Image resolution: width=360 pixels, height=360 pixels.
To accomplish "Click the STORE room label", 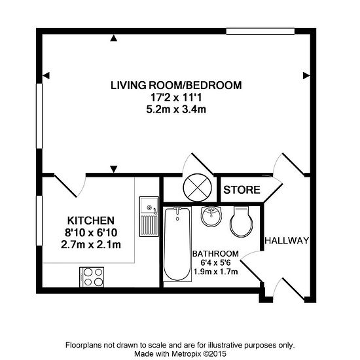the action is point(242,190).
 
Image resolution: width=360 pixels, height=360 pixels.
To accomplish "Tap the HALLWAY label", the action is point(287,241).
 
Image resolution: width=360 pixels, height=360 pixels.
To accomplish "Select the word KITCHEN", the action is point(91,221).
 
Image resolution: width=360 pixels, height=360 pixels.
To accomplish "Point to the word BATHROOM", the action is point(215,254).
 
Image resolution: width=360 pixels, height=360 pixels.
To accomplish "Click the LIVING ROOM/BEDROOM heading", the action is point(176,85).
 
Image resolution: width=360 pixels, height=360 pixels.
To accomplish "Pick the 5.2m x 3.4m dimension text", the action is point(176,109).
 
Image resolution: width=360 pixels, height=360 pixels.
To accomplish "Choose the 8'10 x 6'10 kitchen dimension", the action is point(91,232).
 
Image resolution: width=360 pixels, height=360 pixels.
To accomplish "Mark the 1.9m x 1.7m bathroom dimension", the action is point(215,272).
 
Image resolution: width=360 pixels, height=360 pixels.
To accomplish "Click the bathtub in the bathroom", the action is point(177,244).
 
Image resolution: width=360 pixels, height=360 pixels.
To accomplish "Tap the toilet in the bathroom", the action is point(241,221).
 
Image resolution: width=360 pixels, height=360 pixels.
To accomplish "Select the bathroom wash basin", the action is point(211,216).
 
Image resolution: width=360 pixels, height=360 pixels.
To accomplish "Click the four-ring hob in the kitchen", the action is point(92,277).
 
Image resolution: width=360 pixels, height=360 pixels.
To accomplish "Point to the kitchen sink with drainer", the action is point(149,217).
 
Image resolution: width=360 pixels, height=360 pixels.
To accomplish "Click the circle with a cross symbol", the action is point(197,188).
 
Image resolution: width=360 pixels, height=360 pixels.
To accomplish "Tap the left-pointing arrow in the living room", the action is point(46,75).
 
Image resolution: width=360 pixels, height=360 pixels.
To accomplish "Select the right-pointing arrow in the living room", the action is point(306,75).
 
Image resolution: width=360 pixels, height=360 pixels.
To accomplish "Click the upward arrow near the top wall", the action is point(114,38).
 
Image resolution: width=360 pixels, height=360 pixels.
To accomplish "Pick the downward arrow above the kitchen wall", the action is point(114,169).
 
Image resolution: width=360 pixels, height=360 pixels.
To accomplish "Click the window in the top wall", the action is point(260,31).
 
